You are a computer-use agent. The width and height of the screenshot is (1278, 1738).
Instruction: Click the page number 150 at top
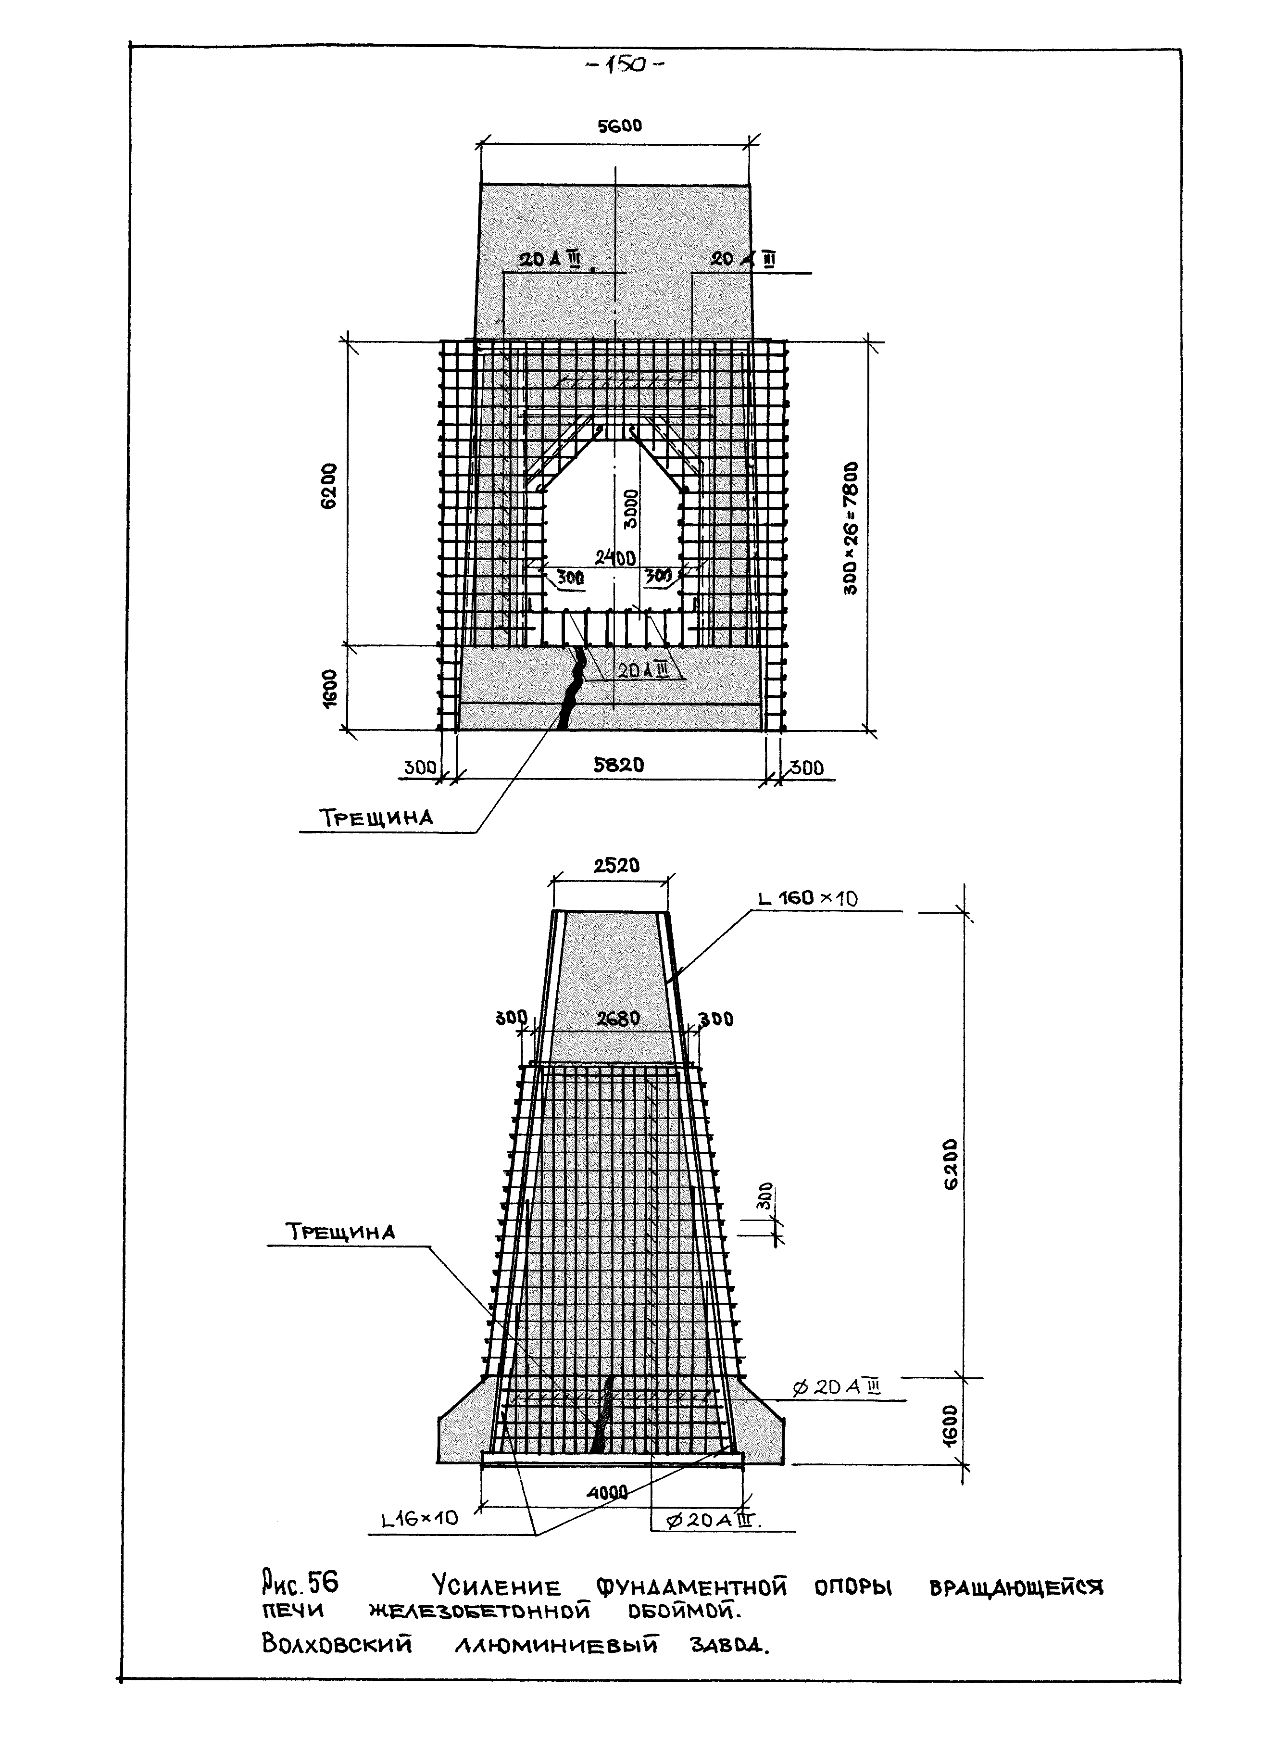625,66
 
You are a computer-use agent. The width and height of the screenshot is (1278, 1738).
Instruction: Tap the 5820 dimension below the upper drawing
618,765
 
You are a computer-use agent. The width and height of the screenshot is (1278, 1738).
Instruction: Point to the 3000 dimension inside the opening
632,508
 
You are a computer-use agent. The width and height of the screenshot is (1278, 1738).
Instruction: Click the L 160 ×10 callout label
808,898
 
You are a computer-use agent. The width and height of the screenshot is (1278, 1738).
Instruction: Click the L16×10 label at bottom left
420,1518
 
